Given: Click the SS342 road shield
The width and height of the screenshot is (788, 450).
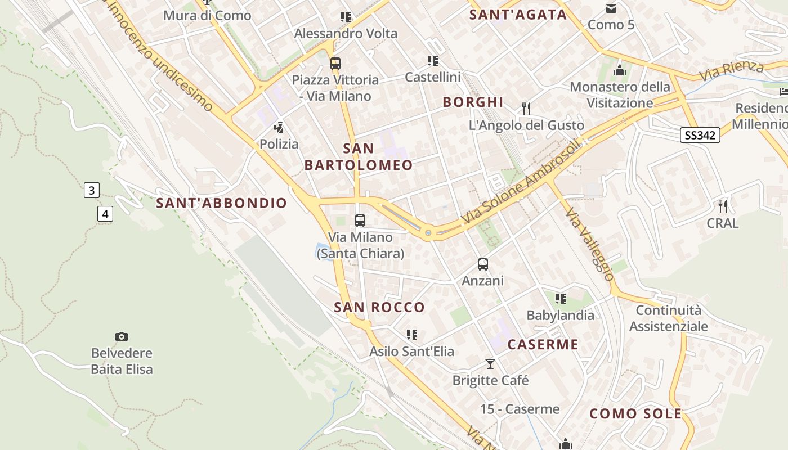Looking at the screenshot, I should point(700,135).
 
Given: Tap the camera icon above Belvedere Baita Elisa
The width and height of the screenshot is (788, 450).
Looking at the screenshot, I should point(122,336).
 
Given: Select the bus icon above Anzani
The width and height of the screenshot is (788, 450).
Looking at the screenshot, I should point(483,264).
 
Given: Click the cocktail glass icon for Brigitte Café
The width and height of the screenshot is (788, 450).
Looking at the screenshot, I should point(490,364).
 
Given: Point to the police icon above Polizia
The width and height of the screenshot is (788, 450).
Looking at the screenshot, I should point(279,128).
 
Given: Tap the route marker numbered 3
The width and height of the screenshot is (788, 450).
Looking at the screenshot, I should point(92,190).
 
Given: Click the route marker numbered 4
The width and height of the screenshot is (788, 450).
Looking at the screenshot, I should point(105,214).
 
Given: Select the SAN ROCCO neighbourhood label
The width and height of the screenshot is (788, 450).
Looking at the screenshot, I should point(379,307).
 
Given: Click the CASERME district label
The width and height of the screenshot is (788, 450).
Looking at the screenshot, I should point(543,344).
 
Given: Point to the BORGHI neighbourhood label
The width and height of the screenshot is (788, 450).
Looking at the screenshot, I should point(473,102).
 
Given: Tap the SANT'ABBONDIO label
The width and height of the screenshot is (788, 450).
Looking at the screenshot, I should point(222,203).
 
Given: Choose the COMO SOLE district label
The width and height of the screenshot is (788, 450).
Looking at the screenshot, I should point(635,414).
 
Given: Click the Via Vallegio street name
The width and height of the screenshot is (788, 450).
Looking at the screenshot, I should point(590,244).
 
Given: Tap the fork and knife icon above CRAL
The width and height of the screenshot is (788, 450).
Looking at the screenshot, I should point(723,206).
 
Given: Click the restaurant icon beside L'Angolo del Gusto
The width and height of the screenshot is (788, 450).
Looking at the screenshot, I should point(526,108).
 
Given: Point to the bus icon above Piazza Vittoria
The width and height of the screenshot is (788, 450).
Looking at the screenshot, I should point(335,63).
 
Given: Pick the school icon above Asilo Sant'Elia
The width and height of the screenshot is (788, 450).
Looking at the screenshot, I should point(412,335).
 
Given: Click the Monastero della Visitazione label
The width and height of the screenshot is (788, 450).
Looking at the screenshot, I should point(620,94).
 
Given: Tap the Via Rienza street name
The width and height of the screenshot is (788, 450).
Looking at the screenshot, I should point(731,71).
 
